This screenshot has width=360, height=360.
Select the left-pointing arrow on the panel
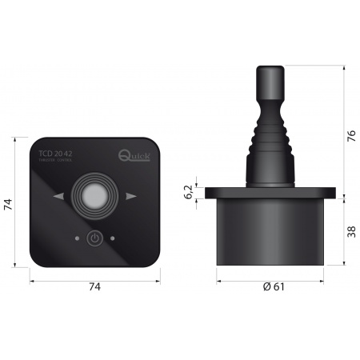[57, 196]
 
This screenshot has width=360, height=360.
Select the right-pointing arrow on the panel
[131, 196]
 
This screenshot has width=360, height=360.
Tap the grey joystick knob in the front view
[94, 195]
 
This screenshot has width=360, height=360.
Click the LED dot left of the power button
[75, 238]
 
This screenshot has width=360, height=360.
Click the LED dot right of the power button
[114, 238]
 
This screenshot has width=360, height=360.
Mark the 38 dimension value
[349, 231]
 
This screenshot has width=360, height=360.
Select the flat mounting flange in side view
[273, 193]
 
